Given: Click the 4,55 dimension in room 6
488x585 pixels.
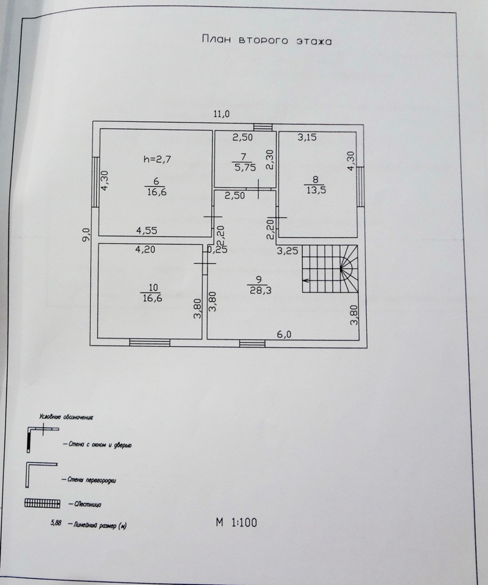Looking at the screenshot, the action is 147,231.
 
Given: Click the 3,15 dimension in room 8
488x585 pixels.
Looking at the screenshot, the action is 307,138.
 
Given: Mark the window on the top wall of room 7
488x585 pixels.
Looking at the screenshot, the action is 264,127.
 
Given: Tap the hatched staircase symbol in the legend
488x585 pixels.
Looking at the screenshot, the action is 41,503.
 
